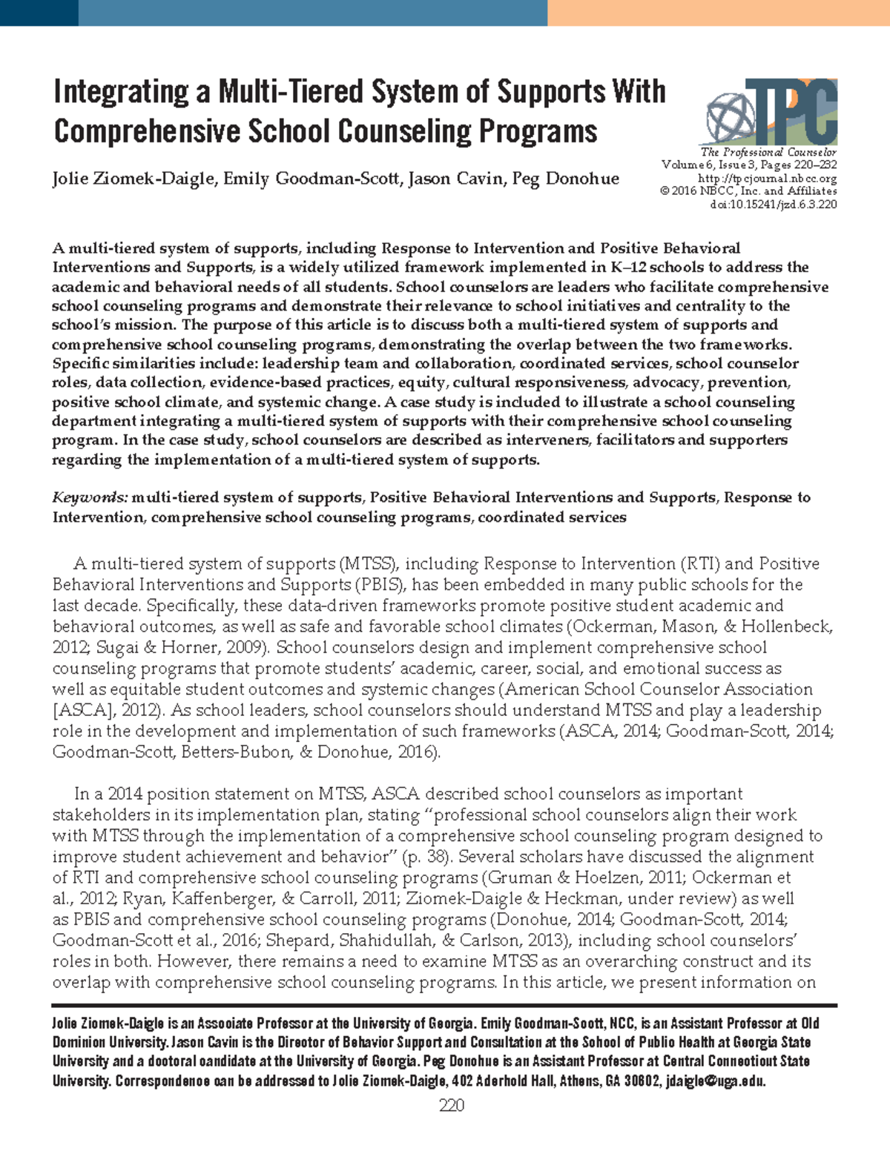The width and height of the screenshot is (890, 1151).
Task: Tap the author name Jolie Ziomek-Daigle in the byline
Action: click(133, 179)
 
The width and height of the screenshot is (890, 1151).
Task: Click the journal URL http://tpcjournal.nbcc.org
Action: click(767, 179)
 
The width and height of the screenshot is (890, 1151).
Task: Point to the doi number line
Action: click(773, 205)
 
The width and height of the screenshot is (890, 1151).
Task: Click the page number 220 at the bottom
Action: click(452, 1106)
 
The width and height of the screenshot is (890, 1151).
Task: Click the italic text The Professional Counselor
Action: click(768, 152)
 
